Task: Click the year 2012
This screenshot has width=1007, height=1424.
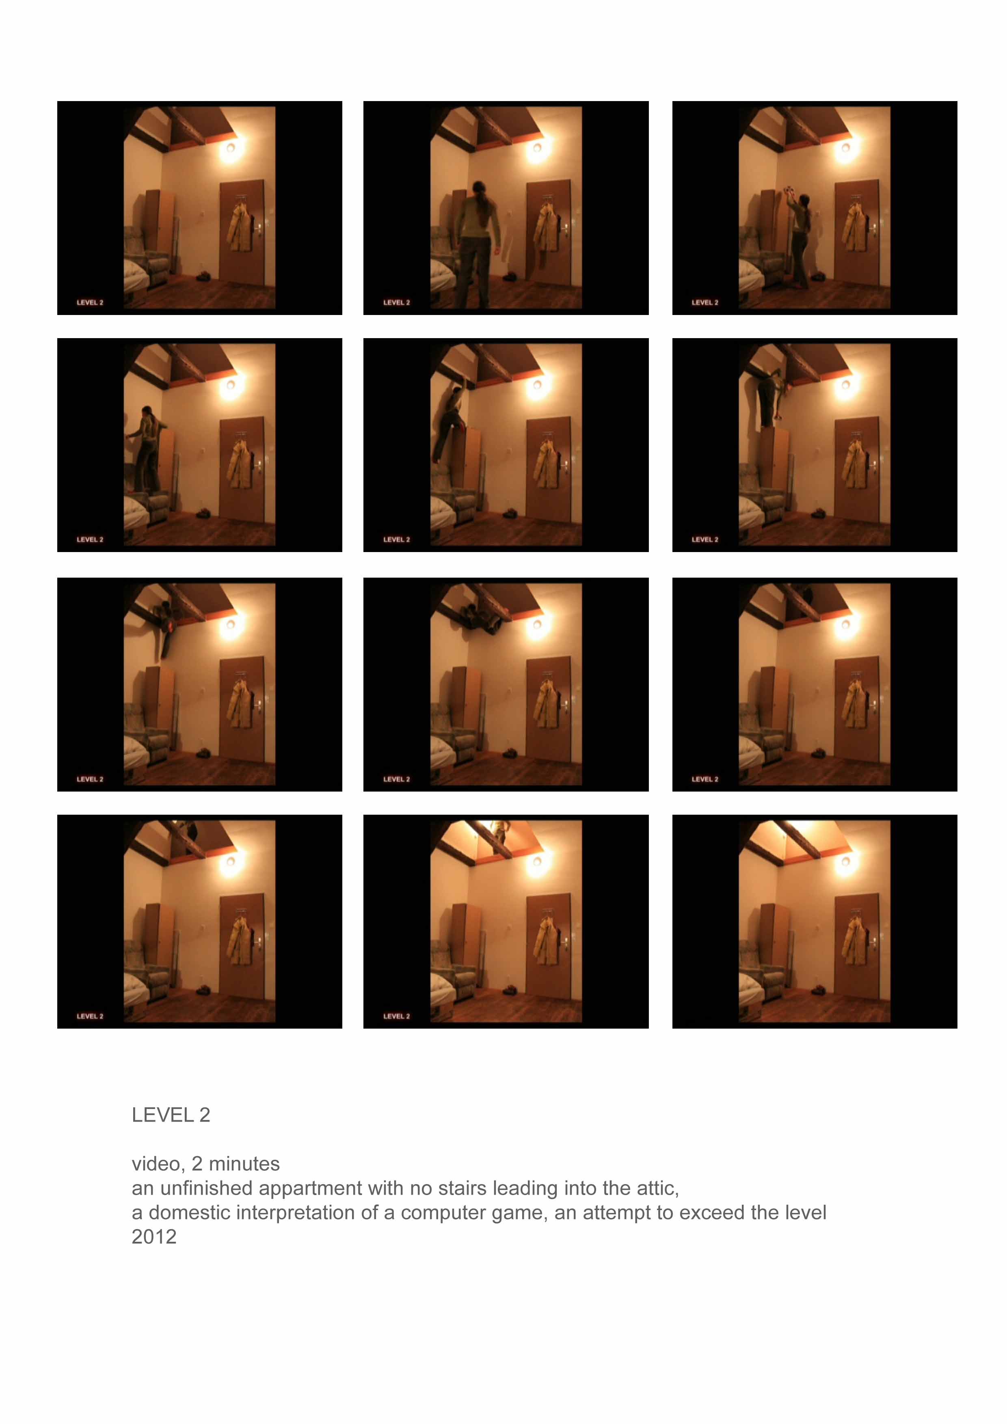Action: click(154, 1237)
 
